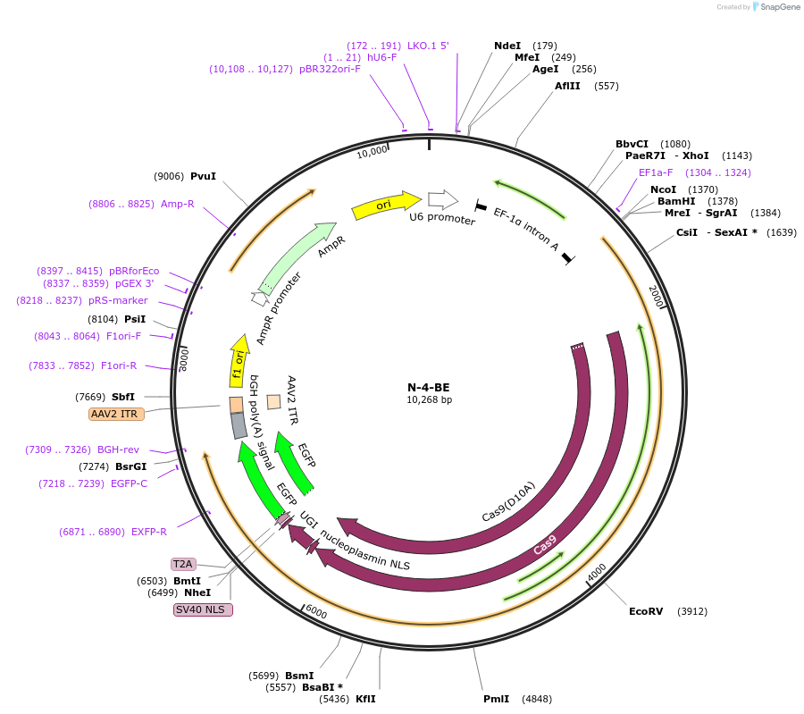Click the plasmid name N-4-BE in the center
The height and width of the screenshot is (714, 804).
(x=429, y=387)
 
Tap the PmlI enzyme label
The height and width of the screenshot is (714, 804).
(x=496, y=699)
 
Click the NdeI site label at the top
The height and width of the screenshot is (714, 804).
(x=507, y=46)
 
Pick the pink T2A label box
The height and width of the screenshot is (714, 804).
(x=183, y=564)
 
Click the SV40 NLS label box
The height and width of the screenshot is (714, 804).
(x=203, y=609)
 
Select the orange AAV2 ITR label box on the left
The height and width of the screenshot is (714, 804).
(x=117, y=414)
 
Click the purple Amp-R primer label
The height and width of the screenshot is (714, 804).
(x=178, y=204)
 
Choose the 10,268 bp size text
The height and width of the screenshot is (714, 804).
(x=429, y=400)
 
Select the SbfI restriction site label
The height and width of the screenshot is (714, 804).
(x=123, y=397)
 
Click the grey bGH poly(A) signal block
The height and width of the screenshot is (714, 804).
(x=239, y=425)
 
